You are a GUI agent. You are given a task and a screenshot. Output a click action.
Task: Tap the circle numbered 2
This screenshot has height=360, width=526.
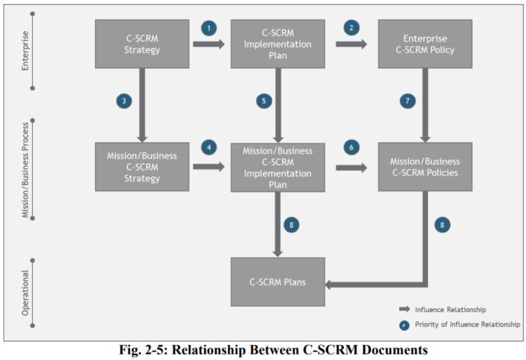[x=351, y=28]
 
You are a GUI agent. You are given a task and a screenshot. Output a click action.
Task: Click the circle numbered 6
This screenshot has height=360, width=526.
[x=351, y=147]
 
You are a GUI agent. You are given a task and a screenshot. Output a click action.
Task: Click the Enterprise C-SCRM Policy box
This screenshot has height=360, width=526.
[x=425, y=44]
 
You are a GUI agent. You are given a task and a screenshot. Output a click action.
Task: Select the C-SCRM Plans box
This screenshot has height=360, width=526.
[x=277, y=281]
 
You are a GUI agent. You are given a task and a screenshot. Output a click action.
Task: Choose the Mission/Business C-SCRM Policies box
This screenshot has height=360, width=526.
[x=425, y=166]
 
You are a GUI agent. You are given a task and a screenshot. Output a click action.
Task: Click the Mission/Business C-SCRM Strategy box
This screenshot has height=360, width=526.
[x=142, y=167]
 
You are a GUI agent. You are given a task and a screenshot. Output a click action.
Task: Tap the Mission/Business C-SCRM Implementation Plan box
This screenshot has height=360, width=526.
[x=277, y=166]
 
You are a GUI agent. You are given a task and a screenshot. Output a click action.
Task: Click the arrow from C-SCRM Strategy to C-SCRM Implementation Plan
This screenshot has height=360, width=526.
[x=209, y=44]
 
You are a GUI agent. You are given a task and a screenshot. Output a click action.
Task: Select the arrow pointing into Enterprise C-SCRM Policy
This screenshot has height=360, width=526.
[x=351, y=44]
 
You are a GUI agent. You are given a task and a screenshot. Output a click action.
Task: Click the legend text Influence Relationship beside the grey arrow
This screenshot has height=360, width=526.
[x=450, y=309]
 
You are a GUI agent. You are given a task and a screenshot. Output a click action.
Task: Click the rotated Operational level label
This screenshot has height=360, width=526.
[x=26, y=293]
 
